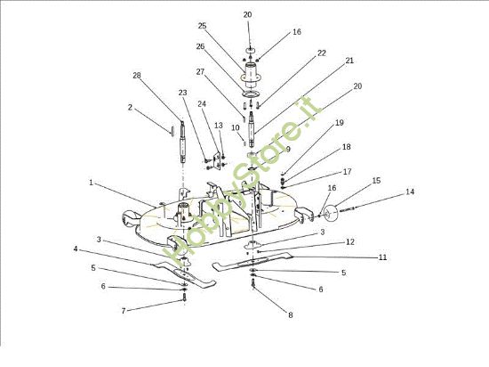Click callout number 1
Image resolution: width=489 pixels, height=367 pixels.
[91, 182]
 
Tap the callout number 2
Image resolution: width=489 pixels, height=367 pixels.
[130, 108]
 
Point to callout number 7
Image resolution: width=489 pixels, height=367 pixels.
[124, 311]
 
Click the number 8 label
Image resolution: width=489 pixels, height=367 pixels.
[290, 314]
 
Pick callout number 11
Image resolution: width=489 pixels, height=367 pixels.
[382, 257]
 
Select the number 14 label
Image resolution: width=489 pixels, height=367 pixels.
[410, 192]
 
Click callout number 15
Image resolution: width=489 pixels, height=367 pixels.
[376, 180]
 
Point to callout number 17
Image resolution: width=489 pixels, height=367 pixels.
[348, 171]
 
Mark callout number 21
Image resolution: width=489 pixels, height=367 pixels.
[349, 61]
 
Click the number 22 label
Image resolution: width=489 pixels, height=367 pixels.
[322, 53]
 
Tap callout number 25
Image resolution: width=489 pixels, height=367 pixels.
[202, 26]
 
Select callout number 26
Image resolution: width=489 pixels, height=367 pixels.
[200, 46]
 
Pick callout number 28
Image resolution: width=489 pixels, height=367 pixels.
[137, 75]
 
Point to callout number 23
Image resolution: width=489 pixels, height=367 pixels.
[182, 93]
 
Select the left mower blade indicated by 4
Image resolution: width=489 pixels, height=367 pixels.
[184, 274]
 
